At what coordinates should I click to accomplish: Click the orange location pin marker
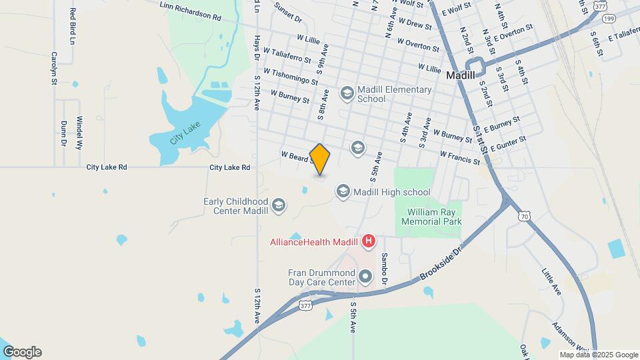pyautogui.click(x=320, y=159)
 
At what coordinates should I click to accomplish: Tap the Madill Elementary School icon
pyautogui.click(x=347, y=93)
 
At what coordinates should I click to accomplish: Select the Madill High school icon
pyautogui.click(x=343, y=192)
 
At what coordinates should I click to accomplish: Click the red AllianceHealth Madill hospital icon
pyautogui.click(x=369, y=241)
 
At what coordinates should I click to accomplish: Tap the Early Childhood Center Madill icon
pyautogui.click(x=279, y=205)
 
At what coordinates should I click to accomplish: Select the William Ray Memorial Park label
pyautogui.click(x=430, y=217)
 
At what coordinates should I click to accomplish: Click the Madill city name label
pyautogui.click(x=460, y=75)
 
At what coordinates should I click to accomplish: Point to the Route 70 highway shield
pyautogui.click(x=524, y=215)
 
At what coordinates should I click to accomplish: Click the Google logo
pyautogui.click(x=22, y=352)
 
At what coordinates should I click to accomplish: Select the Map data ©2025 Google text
pyautogui.click(x=599, y=355)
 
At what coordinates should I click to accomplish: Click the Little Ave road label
pyautogui.click(x=551, y=281)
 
